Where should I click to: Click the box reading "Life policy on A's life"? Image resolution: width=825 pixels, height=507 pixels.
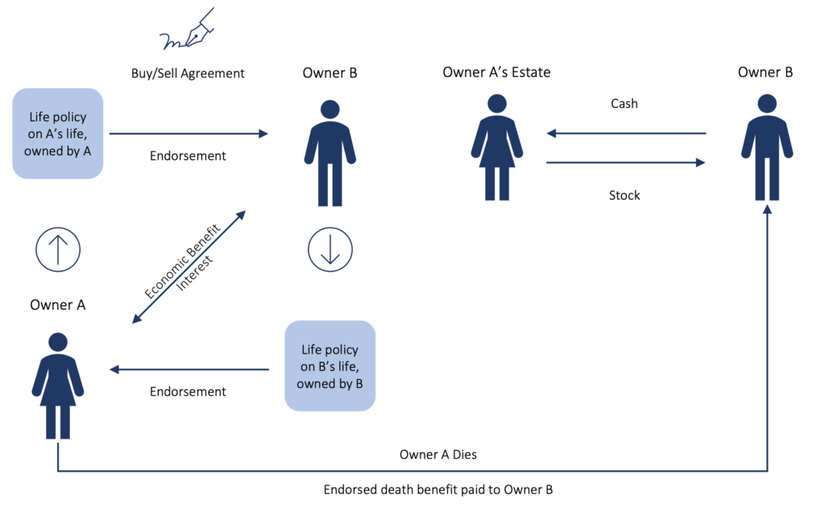[58, 134]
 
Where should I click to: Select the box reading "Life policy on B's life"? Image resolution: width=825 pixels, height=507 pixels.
[330, 366]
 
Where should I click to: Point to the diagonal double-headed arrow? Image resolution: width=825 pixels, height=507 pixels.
[189, 267]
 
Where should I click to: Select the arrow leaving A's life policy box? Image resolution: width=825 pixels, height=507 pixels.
[189, 134]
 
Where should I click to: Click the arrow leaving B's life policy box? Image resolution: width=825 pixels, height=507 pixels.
[189, 369]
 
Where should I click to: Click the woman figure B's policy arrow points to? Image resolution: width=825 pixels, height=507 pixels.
[58, 386]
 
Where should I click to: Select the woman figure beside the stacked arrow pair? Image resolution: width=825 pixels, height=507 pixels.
[497, 148]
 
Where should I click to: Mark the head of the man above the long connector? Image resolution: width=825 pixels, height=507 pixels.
[767, 103]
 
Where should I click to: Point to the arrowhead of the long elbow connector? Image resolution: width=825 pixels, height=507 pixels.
[767, 209]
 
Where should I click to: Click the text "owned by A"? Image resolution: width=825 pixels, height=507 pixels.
[57, 150]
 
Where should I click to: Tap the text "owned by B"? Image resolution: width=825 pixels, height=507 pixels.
[330, 384]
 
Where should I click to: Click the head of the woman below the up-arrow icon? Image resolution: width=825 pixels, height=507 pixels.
[58, 342]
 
